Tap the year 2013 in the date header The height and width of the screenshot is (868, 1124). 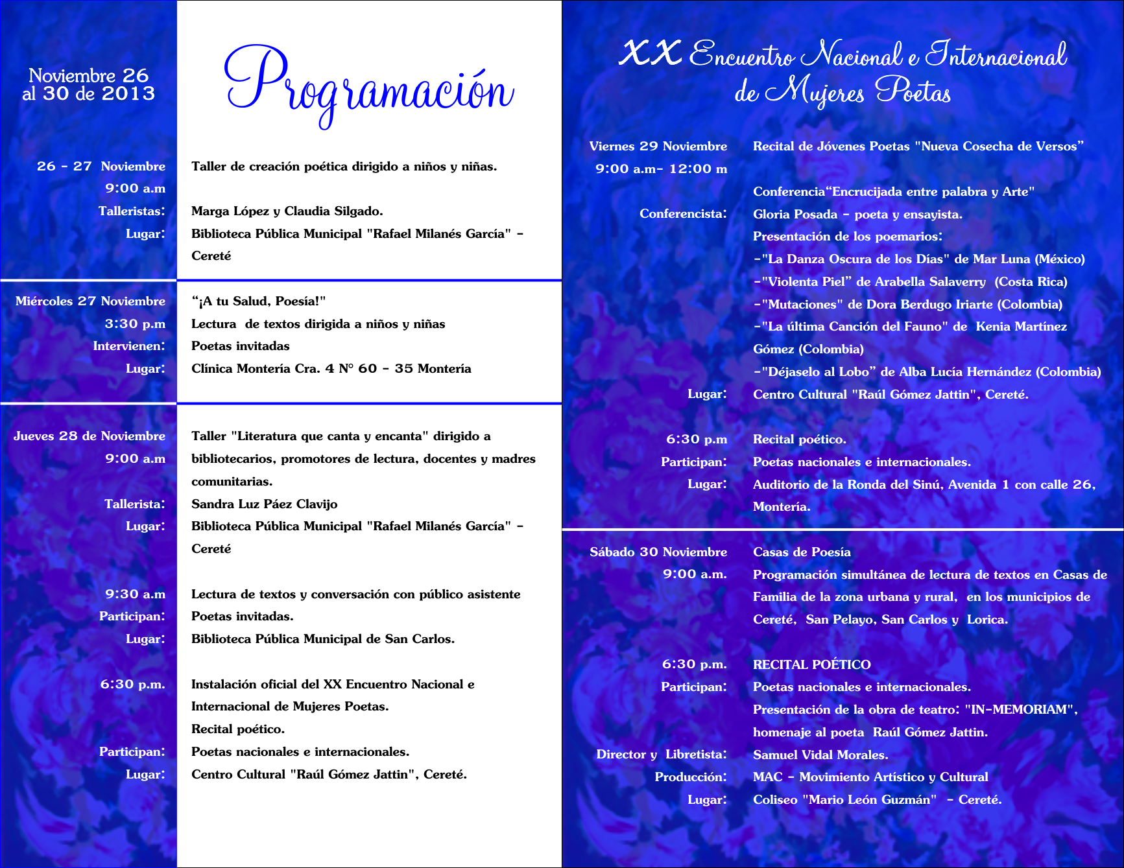(x=128, y=94)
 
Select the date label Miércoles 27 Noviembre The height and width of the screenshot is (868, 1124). (x=90, y=301)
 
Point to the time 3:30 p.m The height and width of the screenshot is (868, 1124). (x=135, y=323)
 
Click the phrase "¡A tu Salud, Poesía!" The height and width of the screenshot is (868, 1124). (x=258, y=301)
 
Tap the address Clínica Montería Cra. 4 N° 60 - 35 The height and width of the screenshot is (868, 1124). (x=302, y=369)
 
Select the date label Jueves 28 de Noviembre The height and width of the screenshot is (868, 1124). (x=90, y=436)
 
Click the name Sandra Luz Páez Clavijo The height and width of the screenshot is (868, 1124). (x=264, y=504)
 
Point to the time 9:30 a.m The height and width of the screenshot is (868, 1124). (x=135, y=594)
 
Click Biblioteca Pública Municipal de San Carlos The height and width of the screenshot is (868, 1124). (x=322, y=639)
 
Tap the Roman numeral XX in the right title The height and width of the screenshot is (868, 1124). (x=650, y=53)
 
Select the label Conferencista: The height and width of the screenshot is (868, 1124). (x=683, y=214)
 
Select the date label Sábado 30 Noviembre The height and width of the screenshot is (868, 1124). (x=658, y=552)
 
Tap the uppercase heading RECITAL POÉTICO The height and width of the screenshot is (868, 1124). (x=811, y=664)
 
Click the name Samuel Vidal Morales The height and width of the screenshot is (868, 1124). (x=820, y=755)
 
